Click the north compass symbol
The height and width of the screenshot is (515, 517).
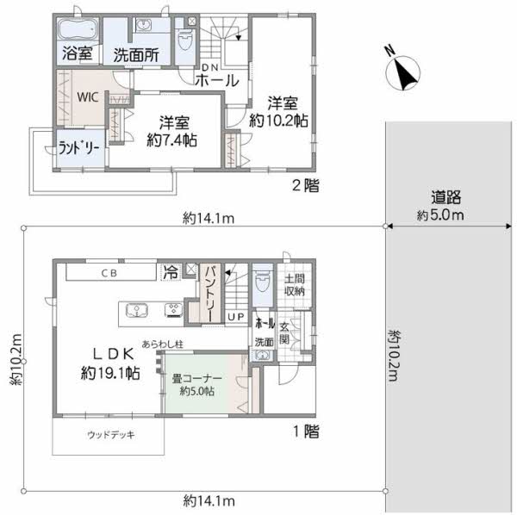click(402, 71)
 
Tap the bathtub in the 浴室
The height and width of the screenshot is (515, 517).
click(78, 28)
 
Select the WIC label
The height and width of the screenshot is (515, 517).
click(87, 97)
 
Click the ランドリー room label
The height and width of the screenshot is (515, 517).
click(78, 149)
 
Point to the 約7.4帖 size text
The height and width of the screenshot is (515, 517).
click(171, 140)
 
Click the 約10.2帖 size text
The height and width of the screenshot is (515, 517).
click(278, 121)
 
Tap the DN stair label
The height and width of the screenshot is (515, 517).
click(210, 67)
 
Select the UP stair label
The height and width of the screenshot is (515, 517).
click(236, 317)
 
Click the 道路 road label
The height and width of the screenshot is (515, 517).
click(445, 197)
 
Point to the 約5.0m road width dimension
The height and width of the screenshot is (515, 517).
click(440, 215)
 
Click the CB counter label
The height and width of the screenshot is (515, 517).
click(109, 274)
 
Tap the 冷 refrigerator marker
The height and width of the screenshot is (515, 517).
click(171, 272)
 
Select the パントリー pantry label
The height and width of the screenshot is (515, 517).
click(209, 295)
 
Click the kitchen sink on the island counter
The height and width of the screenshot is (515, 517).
click(136, 310)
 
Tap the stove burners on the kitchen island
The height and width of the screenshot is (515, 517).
click(173, 310)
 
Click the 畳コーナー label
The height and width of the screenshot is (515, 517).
click(197, 378)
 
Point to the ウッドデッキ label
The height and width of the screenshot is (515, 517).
click(111, 435)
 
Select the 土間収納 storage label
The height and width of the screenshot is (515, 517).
click(295, 285)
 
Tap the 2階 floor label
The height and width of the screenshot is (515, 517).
click(306, 185)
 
